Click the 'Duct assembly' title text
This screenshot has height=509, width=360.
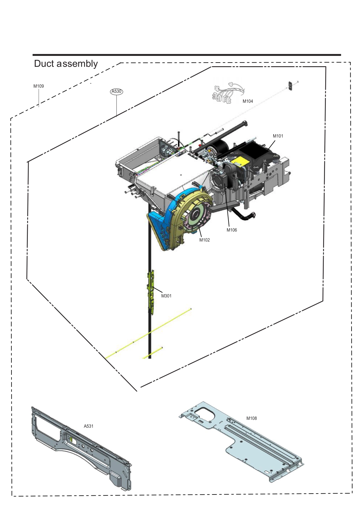66,64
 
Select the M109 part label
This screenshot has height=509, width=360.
38,86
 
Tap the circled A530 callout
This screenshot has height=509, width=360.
117,91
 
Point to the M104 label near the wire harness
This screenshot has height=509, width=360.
248,101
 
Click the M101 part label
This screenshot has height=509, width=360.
278,136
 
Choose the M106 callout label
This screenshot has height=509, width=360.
232,230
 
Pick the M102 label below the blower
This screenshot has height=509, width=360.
204,240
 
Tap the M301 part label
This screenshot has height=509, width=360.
166,296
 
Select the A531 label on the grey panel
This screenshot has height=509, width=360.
89,426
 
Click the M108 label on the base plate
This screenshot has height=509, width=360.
251,418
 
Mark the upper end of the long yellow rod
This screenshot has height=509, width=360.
191,309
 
